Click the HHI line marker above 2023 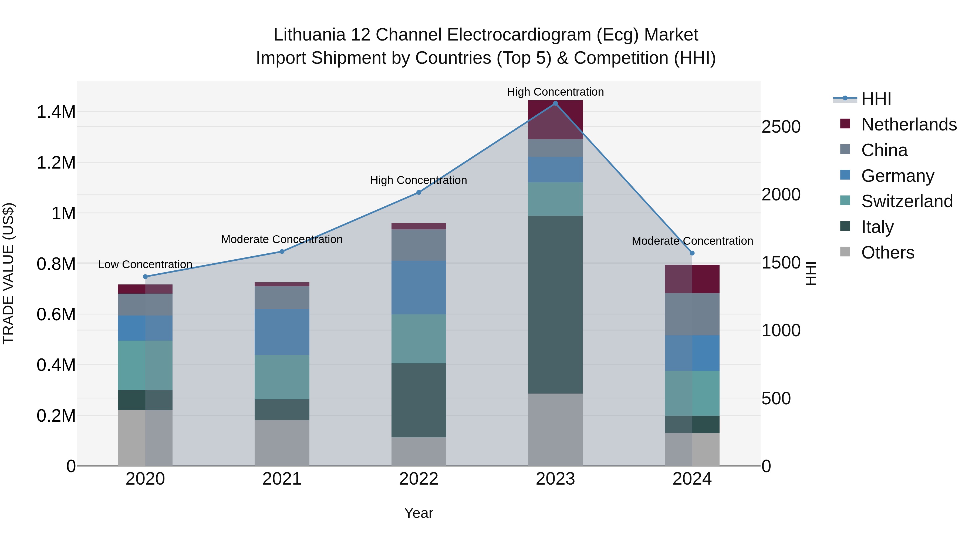pyautogui.click(x=555, y=103)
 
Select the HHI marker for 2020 pyautogui.click(x=145, y=277)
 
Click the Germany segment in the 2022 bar pyautogui.click(x=418, y=288)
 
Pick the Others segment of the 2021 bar pyautogui.click(x=282, y=442)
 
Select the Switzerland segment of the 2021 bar pyautogui.click(x=282, y=377)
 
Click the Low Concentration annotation pyautogui.click(x=145, y=265)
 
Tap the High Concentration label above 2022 pyautogui.click(x=418, y=180)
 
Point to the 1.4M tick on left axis pyautogui.click(x=56, y=112)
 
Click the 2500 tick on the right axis pyautogui.click(x=781, y=127)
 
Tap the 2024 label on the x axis pyautogui.click(x=692, y=479)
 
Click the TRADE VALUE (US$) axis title pyautogui.click(x=8, y=273)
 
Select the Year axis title pyautogui.click(x=418, y=513)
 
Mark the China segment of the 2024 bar pyautogui.click(x=692, y=314)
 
